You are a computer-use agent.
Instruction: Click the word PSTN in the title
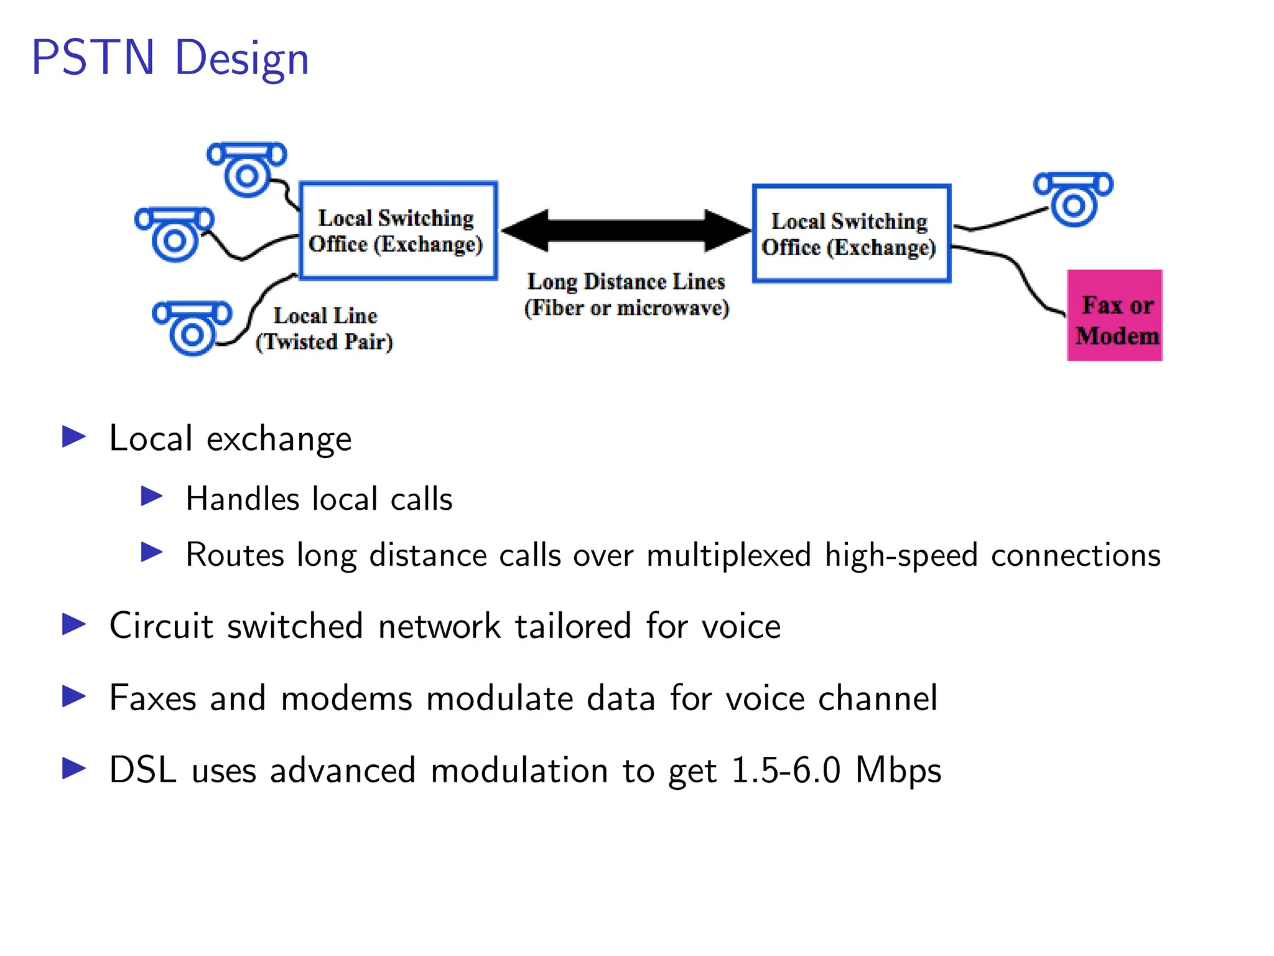(x=93, y=58)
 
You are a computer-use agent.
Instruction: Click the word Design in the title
(x=241, y=60)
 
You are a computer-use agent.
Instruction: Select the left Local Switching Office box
(x=398, y=231)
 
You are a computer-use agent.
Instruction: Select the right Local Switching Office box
(x=851, y=234)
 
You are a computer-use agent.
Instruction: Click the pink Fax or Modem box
(x=1115, y=316)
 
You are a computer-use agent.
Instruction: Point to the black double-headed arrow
(x=626, y=230)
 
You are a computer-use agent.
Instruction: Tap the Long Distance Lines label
(x=626, y=281)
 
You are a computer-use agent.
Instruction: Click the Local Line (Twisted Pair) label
(x=325, y=329)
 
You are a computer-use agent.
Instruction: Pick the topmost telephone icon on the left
(x=247, y=168)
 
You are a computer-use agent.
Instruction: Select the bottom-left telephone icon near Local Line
(x=192, y=328)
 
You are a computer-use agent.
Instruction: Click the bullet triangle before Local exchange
(x=74, y=437)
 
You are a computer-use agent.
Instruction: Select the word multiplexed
(x=729, y=555)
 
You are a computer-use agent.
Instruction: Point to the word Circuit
(x=161, y=626)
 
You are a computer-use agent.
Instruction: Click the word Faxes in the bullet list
(x=152, y=698)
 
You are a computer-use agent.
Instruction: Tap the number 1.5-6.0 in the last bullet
(x=786, y=770)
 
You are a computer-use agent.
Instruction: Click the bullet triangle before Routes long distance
(x=152, y=552)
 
